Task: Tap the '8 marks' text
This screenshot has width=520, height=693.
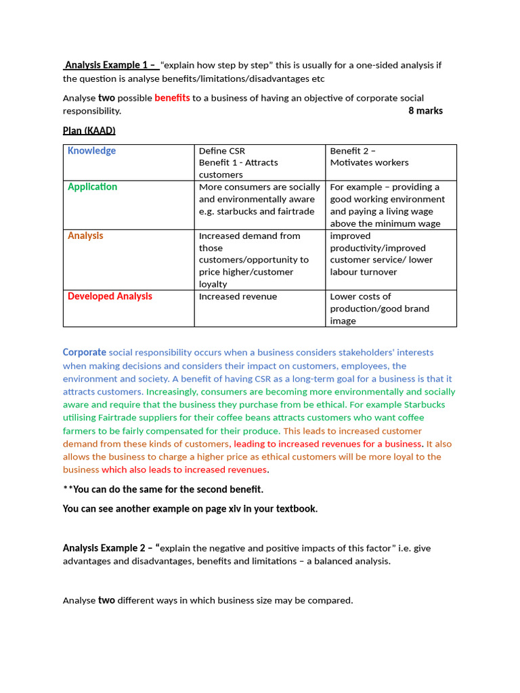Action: [425, 110]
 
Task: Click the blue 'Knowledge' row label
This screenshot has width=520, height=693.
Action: [91, 151]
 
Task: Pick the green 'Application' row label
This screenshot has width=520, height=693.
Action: [92, 187]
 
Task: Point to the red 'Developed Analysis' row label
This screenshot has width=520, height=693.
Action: [110, 296]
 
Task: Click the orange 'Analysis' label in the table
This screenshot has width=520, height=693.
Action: [85, 236]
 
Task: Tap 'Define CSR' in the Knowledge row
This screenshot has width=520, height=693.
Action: [222, 150]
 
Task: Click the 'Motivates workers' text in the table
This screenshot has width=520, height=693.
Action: [369, 162]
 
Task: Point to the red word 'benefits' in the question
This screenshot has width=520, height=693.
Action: [172, 98]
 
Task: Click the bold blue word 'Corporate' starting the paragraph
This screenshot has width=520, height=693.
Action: [85, 352]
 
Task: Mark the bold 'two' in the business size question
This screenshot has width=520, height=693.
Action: [106, 600]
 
